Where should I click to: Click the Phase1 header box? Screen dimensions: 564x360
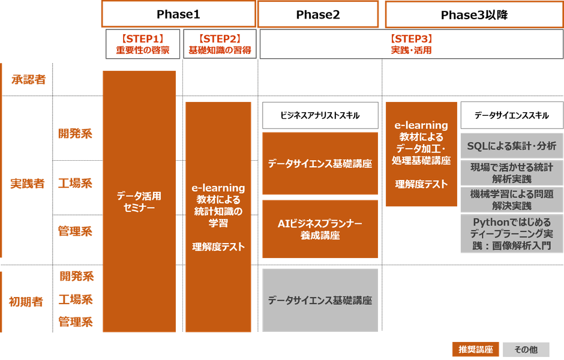pyautogui.click(x=178, y=14)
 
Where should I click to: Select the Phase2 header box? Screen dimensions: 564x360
pyautogui.click(x=318, y=14)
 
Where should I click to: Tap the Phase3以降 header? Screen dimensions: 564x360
pyautogui.click(x=474, y=15)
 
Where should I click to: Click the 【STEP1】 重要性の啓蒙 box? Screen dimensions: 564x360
pyautogui.click(x=143, y=44)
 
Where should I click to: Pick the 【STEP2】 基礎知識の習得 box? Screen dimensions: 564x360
pyautogui.click(x=220, y=44)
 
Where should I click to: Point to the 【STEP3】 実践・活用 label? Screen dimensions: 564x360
pyautogui.click(x=412, y=44)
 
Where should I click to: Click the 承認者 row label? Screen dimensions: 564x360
pyautogui.click(x=29, y=79)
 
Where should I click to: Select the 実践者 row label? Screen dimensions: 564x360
pyautogui.click(x=28, y=184)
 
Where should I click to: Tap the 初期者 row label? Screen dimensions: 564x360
pyautogui.click(x=26, y=302)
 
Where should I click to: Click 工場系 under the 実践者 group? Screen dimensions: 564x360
pyautogui.click(x=75, y=183)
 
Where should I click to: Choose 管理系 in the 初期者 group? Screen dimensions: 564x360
pyautogui.click(x=76, y=322)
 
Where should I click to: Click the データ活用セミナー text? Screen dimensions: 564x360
pyautogui.click(x=139, y=202)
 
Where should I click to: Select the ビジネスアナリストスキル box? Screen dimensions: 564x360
pyautogui.click(x=320, y=115)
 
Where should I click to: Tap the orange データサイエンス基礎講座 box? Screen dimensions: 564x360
pyautogui.click(x=320, y=164)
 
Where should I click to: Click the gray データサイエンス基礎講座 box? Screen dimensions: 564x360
pyautogui.click(x=320, y=300)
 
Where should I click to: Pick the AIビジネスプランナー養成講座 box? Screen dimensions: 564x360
pyautogui.click(x=320, y=229)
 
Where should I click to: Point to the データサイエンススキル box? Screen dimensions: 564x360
pyautogui.click(x=512, y=115)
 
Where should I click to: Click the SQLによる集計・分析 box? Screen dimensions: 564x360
pyautogui.click(x=512, y=146)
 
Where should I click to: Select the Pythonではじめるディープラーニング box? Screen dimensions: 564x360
pyautogui.click(x=512, y=234)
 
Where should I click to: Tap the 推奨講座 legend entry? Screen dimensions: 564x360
pyautogui.click(x=476, y=349)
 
